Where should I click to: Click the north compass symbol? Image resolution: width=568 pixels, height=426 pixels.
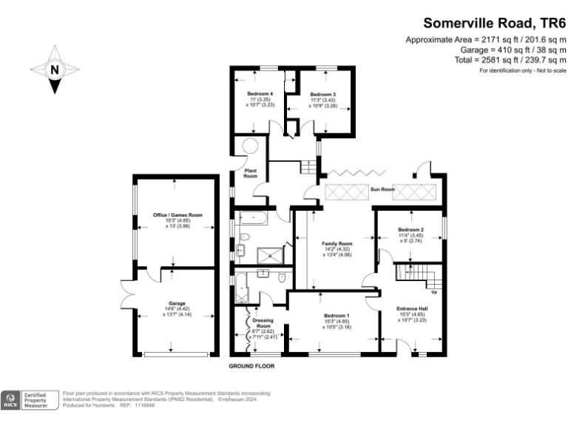point(54,70)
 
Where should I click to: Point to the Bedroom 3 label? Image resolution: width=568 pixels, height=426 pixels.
point(323,95)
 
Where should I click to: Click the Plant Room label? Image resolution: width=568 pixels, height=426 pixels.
point(251,174)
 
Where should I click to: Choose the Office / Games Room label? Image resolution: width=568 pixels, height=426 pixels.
point(177,214)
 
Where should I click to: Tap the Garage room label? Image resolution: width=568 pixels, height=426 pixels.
point(177,304)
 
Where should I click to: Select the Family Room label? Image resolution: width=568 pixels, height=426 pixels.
point(336,243)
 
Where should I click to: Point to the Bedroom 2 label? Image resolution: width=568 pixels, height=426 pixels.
point(410,230)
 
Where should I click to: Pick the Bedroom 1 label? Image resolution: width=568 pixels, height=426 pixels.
point(337,316)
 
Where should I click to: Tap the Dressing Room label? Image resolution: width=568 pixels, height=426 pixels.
point(264,323)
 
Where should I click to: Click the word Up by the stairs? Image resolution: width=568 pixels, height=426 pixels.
point(434,291)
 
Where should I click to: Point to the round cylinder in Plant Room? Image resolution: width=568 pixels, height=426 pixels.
point(250,146)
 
